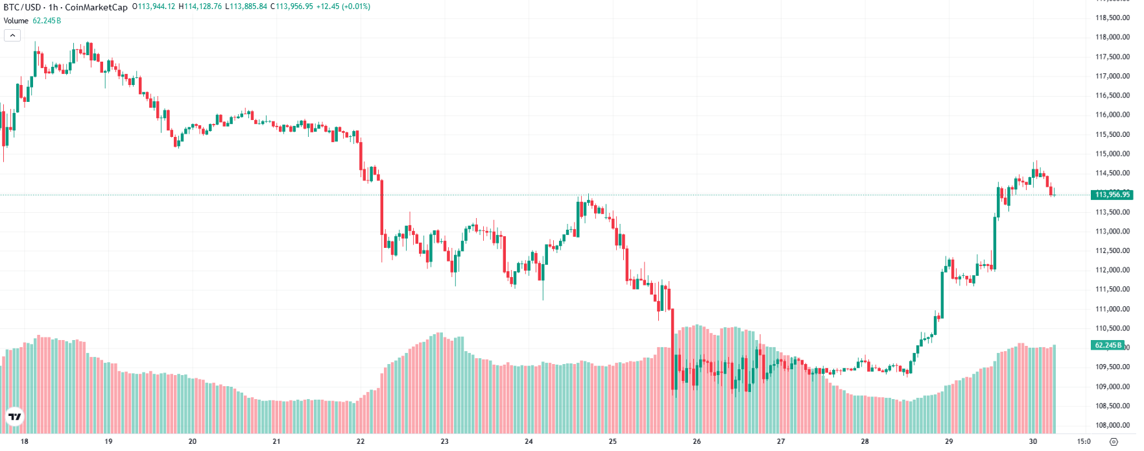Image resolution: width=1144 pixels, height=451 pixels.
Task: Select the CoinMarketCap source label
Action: (x=96, y=7)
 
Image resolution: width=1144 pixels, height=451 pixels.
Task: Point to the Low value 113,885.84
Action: (x=246, y=6)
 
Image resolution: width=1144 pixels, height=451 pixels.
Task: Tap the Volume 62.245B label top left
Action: (x=32, y=21)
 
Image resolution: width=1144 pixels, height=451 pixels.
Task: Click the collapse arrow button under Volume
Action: (x=12, y=35)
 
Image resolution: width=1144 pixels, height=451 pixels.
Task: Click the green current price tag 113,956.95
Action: (x=1112, y=195)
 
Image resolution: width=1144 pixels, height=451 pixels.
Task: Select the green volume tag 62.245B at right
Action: (x=1108, y=345)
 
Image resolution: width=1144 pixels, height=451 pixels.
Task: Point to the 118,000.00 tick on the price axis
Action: (x=1112, y=37)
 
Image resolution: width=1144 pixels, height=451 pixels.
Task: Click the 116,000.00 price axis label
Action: (x=1112, y=115)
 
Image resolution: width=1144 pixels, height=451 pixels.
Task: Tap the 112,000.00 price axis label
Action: (x=1112, y=270)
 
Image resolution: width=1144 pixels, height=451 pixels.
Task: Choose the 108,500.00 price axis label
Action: (x=1112, y=406)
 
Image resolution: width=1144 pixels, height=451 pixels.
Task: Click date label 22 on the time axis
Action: (x=361, y=441)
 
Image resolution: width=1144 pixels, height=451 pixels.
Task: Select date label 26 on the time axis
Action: (x=697, y=441)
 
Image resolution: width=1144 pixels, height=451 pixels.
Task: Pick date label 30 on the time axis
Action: (x=1032, y=441)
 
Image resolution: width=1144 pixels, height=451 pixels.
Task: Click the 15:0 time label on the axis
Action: (x=1084, y=441)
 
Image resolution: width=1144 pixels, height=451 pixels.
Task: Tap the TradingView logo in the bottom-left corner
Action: (x=14, y=417)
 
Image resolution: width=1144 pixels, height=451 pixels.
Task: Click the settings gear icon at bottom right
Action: (x=1114, y=442)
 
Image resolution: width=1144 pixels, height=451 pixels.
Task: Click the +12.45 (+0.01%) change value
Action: (x=343, y=6)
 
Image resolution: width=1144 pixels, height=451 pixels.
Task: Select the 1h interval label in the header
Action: (x=53, y=7)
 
